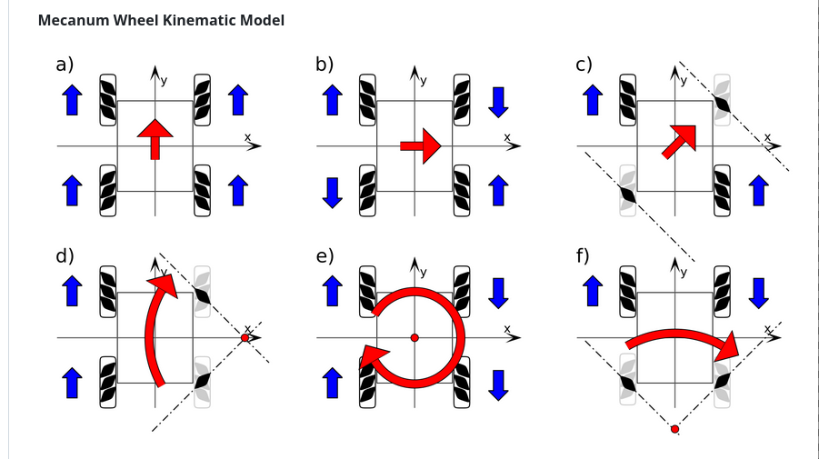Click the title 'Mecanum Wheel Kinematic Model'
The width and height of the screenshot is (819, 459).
point(161,19)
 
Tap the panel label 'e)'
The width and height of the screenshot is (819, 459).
point(325,255)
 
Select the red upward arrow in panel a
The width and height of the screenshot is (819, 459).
point(155,137)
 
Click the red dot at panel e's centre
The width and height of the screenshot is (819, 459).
point(414,338)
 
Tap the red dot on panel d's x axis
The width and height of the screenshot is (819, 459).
point(245,338)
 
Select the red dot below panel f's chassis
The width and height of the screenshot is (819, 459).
point(674,428)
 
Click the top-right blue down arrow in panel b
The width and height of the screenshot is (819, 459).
point(497,100)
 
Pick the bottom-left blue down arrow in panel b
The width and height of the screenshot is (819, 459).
point(332,191)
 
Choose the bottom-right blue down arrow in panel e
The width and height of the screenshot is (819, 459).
point(497,383)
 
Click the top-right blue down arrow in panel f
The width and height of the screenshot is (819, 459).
point(757,292)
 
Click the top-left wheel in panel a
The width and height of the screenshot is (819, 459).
point(109,99)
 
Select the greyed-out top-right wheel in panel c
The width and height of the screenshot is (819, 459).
point(723,99)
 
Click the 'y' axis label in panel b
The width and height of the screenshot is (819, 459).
point(424,80)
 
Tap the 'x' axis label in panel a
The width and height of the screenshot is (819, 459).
point(247,137)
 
